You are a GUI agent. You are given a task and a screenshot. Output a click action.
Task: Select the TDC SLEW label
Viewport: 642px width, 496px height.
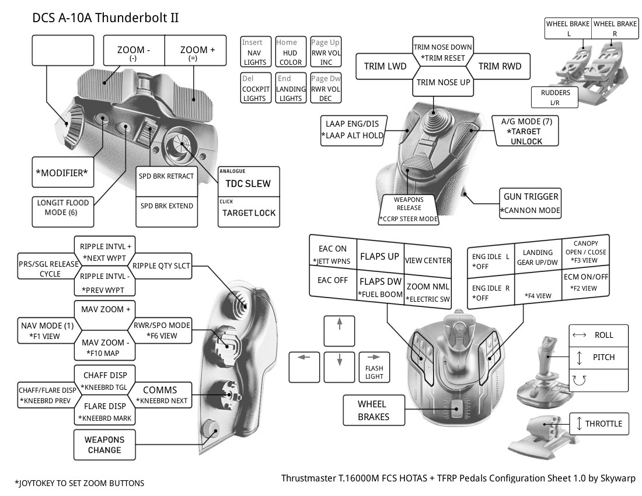(x=248, y=183)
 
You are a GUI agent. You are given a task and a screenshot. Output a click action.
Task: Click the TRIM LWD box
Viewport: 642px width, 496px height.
(x=385, y=66)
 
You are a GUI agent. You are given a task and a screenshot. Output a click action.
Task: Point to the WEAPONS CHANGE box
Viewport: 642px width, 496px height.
(x=104, y=444)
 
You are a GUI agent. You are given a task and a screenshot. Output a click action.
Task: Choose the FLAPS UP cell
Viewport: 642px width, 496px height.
(x=379, y=256)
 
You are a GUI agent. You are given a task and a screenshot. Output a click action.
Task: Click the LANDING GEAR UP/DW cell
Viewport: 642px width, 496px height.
(x=538, y=257)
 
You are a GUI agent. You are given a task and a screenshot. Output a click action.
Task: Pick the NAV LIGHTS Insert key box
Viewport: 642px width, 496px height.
(x=254, y=52)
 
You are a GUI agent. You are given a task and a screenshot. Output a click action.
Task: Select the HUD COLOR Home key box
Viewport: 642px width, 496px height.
(x=290, y=52)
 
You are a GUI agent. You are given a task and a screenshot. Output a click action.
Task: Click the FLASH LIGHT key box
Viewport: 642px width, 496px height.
(x=374, y=367)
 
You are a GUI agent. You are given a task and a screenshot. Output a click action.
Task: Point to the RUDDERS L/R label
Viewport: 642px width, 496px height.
(x=555, y=97)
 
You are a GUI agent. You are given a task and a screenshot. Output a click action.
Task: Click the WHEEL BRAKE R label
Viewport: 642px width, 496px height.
(x=615, y=28)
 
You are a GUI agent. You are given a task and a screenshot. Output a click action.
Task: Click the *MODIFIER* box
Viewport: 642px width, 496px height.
(x=62, y=174)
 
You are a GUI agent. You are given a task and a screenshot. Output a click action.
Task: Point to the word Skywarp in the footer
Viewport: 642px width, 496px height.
(x=617, y=478)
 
